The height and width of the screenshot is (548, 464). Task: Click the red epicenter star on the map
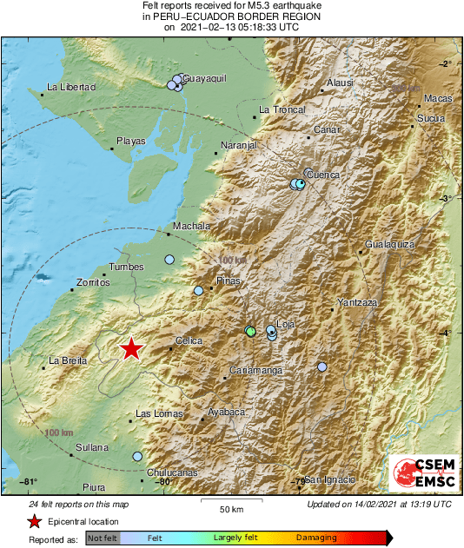[x=130, y=348]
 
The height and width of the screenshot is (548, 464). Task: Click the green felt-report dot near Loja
[x=251, y=332]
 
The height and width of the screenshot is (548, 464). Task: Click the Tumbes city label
[x=126, y=267]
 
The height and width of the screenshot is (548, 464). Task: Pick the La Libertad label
[x=70, y=87]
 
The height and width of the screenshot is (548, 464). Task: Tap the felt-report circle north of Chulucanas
[x=137, y=456]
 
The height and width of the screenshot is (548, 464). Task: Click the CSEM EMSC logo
[x=421, y=471]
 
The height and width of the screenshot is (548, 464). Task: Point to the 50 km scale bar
[x=230, y=502]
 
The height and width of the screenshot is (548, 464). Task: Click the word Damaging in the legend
[x=316, y=538]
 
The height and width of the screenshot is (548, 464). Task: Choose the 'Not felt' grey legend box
[x=103, y=538]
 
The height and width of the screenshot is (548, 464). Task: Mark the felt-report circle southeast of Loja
[x=322, y=367]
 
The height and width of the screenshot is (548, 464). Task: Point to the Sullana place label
[x=91, y=447]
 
